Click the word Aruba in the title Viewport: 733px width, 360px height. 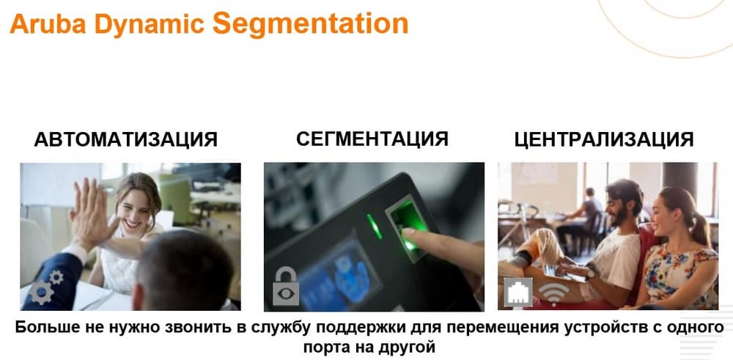coord(48,24)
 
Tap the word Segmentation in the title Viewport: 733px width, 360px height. coord(310,24)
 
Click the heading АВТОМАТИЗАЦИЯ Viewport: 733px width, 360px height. coord(126,139)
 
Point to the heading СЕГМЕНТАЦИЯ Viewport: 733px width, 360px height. coord(372,139)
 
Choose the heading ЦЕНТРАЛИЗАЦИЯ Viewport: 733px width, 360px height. coord(604,139)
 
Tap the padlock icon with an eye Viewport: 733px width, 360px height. coord(286,286)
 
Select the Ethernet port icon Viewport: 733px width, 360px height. coord(518,293)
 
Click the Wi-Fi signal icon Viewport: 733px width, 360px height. coord(553,294)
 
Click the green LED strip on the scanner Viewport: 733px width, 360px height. coord(375,227)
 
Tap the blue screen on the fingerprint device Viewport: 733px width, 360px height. coord(334,273)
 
